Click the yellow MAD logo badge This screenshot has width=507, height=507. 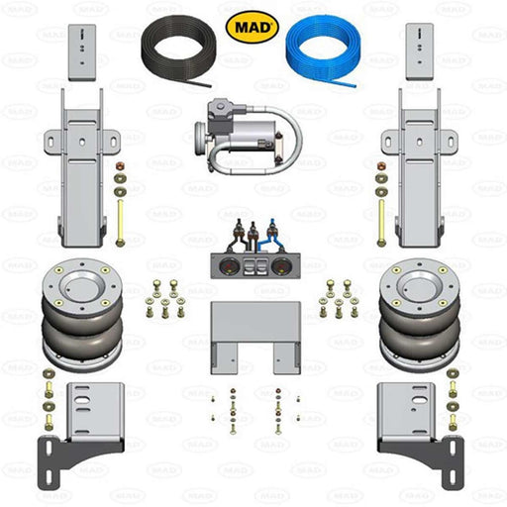(253, 25)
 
